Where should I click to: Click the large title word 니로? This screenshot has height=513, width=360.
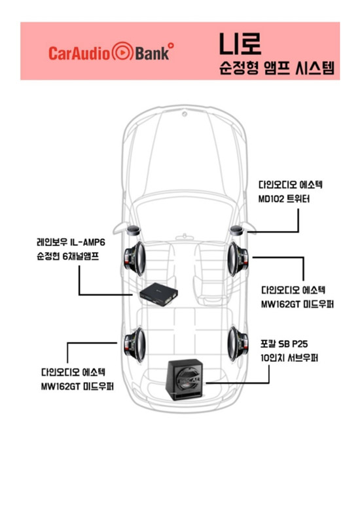pyautogui.click(x=240, y=44)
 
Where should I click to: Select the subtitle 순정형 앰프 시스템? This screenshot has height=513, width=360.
pyautogui.click(x=276, y=68)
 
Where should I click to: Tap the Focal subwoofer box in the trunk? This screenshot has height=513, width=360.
pyautogui.click(x=185, y=380)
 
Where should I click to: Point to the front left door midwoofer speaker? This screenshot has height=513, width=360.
pyautogui.click(x=134, y=258)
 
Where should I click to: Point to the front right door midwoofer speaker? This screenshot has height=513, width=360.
pyautogui.click(x=238, y=258)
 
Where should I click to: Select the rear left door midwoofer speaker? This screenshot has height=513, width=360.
pyautogui.click(x=135, y=345)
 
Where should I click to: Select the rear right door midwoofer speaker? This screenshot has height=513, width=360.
pyautogui.click(x=238, y=344)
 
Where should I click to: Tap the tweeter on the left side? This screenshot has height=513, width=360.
pyautogui.click(x=134, y=230)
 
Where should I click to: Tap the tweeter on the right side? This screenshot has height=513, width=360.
pyautogui.click(x=237, y=230)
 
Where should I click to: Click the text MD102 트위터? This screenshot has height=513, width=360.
pyautogui.click(x=284, y=199)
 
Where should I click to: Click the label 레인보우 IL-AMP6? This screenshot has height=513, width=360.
pyautogui.click(x=71, y=242)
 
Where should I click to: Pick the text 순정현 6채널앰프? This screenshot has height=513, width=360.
pyautogui.click(x=68, y=256)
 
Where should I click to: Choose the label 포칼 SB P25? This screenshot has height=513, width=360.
pyautogui.click(x=284, y=344)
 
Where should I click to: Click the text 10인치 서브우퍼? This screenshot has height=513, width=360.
pyautogui.click(x=289, y=358)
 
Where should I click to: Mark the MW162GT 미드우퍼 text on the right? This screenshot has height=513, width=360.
pyautogui.click(x=297, y=304)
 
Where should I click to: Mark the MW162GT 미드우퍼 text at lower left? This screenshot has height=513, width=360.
pyautogui.click(x=77, y=386)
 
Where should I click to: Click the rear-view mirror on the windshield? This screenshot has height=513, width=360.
pyautogui.click(x=185, y=237)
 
